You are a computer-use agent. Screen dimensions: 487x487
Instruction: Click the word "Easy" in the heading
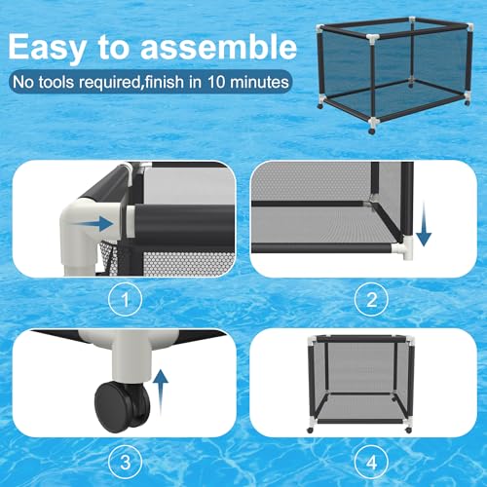47,48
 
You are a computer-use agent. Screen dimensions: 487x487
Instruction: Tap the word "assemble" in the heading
218,47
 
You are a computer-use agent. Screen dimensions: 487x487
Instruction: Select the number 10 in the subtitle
216,82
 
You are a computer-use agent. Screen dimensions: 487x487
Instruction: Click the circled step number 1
125,299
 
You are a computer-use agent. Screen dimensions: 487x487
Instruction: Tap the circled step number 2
371,299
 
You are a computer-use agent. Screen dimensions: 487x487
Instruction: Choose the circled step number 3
125,462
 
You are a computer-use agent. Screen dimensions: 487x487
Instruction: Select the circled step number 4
371,462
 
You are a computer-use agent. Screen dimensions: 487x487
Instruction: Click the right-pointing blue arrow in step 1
92,224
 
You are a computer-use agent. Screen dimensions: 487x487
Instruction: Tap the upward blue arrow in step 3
161,393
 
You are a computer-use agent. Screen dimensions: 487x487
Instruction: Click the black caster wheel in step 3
123,407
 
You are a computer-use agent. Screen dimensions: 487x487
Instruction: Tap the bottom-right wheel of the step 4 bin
408,431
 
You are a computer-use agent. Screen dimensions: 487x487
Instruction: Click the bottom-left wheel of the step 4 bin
310,431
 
